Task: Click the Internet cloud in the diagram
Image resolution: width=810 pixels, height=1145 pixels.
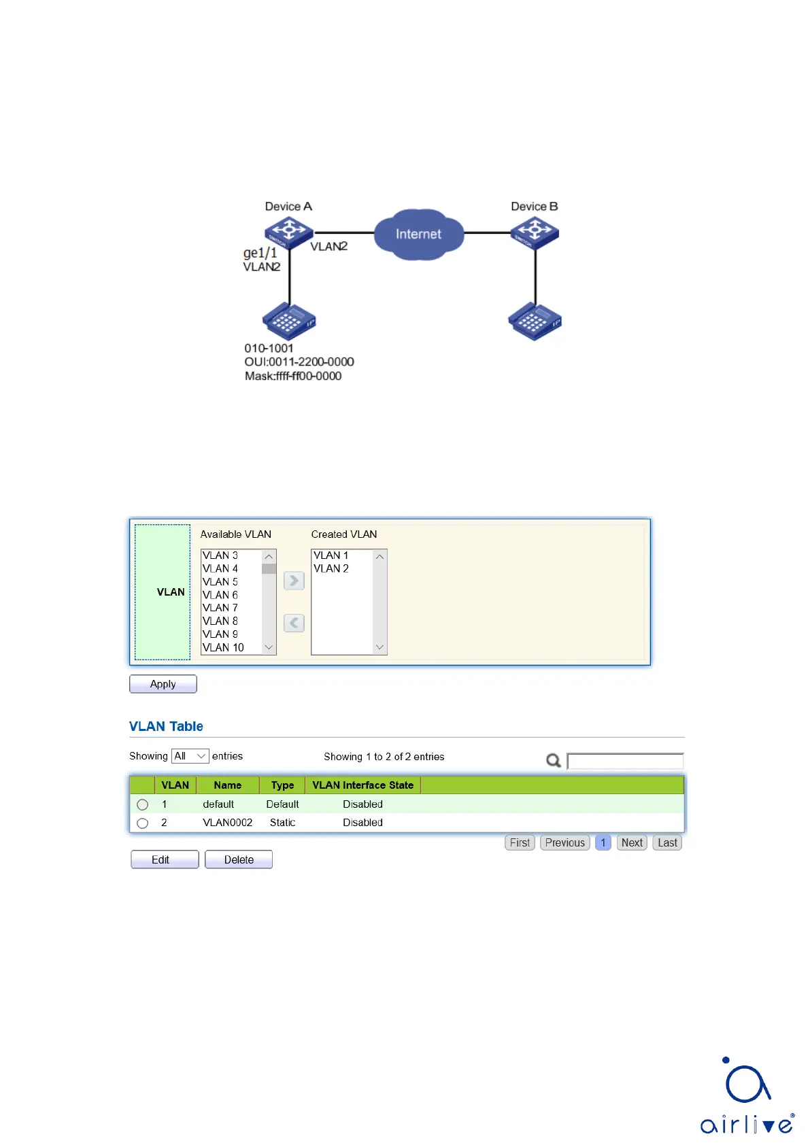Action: click(x=418, y=235)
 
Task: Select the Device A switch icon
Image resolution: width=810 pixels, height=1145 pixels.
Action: click(x=288, y=232)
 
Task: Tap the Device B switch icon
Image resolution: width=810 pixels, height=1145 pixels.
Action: click(x=535, y=232)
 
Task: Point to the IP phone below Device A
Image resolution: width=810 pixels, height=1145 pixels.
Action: click(x=289, y=321)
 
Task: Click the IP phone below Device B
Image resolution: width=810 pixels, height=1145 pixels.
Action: click(x=535, y=321)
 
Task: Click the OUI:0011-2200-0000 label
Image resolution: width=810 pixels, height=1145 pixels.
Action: click(x=299, y=362)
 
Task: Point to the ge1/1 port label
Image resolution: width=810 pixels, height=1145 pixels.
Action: click(x=260, y=253)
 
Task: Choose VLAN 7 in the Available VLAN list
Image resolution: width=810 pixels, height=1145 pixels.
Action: click(x=220, y=608)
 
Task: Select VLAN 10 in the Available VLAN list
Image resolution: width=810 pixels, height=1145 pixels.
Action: click(x=223, y=647)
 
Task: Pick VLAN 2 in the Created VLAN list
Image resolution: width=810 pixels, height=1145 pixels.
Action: click(x=331, y=568)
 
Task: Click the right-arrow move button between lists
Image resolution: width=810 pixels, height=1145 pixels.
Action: click(x=294, y=581)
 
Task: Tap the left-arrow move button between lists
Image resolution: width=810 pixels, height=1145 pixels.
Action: click(x=294, y=623)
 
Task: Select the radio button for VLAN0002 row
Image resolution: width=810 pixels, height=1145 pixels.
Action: click(x=142, y=823)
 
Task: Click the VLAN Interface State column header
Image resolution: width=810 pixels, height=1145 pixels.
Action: click(x=362, y=785)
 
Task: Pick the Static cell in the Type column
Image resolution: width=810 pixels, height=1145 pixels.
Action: click(x=282, y=823)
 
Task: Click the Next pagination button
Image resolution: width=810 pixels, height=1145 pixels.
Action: click(x=632, y=842)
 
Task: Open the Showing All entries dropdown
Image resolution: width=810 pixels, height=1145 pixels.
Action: click(x=190, y=756)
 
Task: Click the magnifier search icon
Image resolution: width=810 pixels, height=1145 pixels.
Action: click(x=554, y=760)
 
